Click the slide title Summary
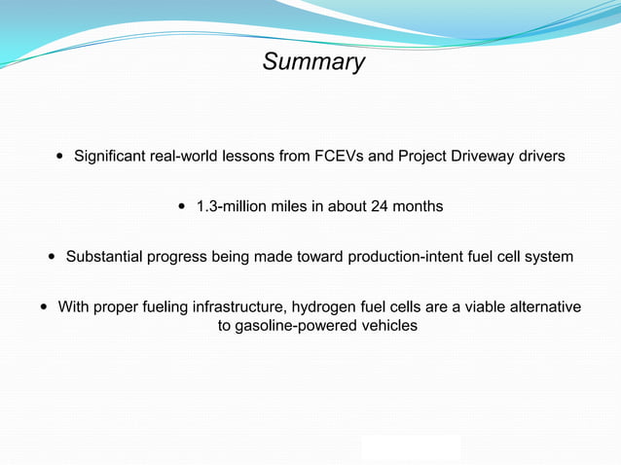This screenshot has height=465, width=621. tap(313, 62)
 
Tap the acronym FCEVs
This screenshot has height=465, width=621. tap(339, 156)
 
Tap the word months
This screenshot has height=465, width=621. tap(419, 206)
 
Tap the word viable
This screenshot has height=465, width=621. tap(465, 307)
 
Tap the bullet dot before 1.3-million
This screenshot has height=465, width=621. tap(183, 206)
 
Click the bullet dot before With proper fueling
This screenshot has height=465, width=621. tap(45, 307)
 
